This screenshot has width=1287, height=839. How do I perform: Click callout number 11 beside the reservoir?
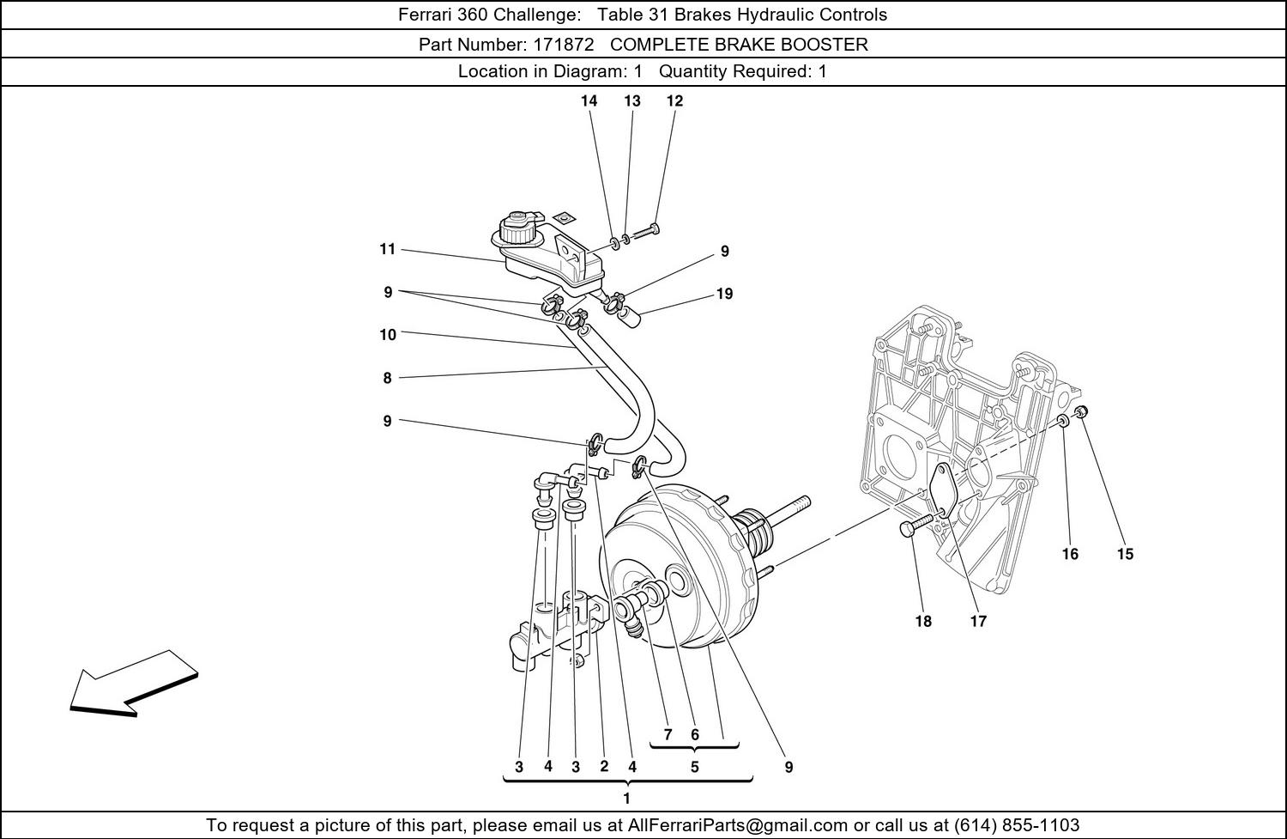pos(387,249)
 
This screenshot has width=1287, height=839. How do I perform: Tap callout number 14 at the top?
pos(589,101)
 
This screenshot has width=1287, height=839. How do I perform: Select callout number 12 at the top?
pos(674,101)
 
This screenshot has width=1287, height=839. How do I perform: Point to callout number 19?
pos(724,294)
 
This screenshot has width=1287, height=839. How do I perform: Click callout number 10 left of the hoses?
pos(388,335)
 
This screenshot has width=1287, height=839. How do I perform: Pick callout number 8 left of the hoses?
pos(387,378)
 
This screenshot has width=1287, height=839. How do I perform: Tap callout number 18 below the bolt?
pos(923,621)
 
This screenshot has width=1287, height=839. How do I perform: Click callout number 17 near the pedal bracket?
pos(978,621)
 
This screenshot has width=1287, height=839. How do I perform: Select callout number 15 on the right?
pos(1125,554)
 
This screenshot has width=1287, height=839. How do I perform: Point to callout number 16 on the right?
pos(1070,554)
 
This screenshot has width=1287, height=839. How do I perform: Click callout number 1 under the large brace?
pos(627,798)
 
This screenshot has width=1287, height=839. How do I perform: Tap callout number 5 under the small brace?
pos(695,767)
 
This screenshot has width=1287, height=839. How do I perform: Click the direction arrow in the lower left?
pos(133,684)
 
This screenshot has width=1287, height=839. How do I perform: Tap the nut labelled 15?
pos(1081,411)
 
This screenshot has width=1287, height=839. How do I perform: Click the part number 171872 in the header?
pos(564,45)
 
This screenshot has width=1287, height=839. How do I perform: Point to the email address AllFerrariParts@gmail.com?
pos(737,825)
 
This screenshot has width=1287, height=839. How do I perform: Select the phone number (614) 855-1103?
pos(1017,825)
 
